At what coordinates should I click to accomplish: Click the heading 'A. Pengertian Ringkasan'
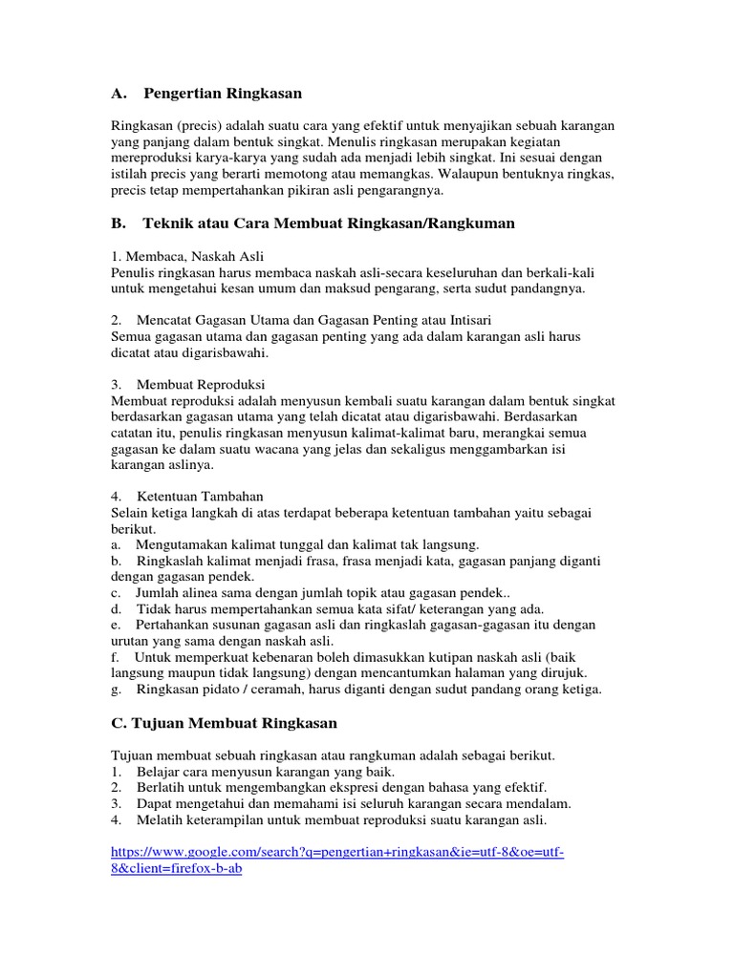pos(206,94)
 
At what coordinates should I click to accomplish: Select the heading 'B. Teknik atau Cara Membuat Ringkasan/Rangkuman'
pos(313,223)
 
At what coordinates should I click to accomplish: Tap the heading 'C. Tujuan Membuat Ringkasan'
pos(225,723)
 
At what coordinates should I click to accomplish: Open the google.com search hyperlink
pos(337,852)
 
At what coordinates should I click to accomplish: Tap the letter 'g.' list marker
pos(117,689)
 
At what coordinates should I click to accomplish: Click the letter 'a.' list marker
pos(117,544)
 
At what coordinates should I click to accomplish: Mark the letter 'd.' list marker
pos(117,608)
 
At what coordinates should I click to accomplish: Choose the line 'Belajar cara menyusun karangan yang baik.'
pos(268,771)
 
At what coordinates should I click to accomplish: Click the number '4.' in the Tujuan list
pos(117,819)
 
